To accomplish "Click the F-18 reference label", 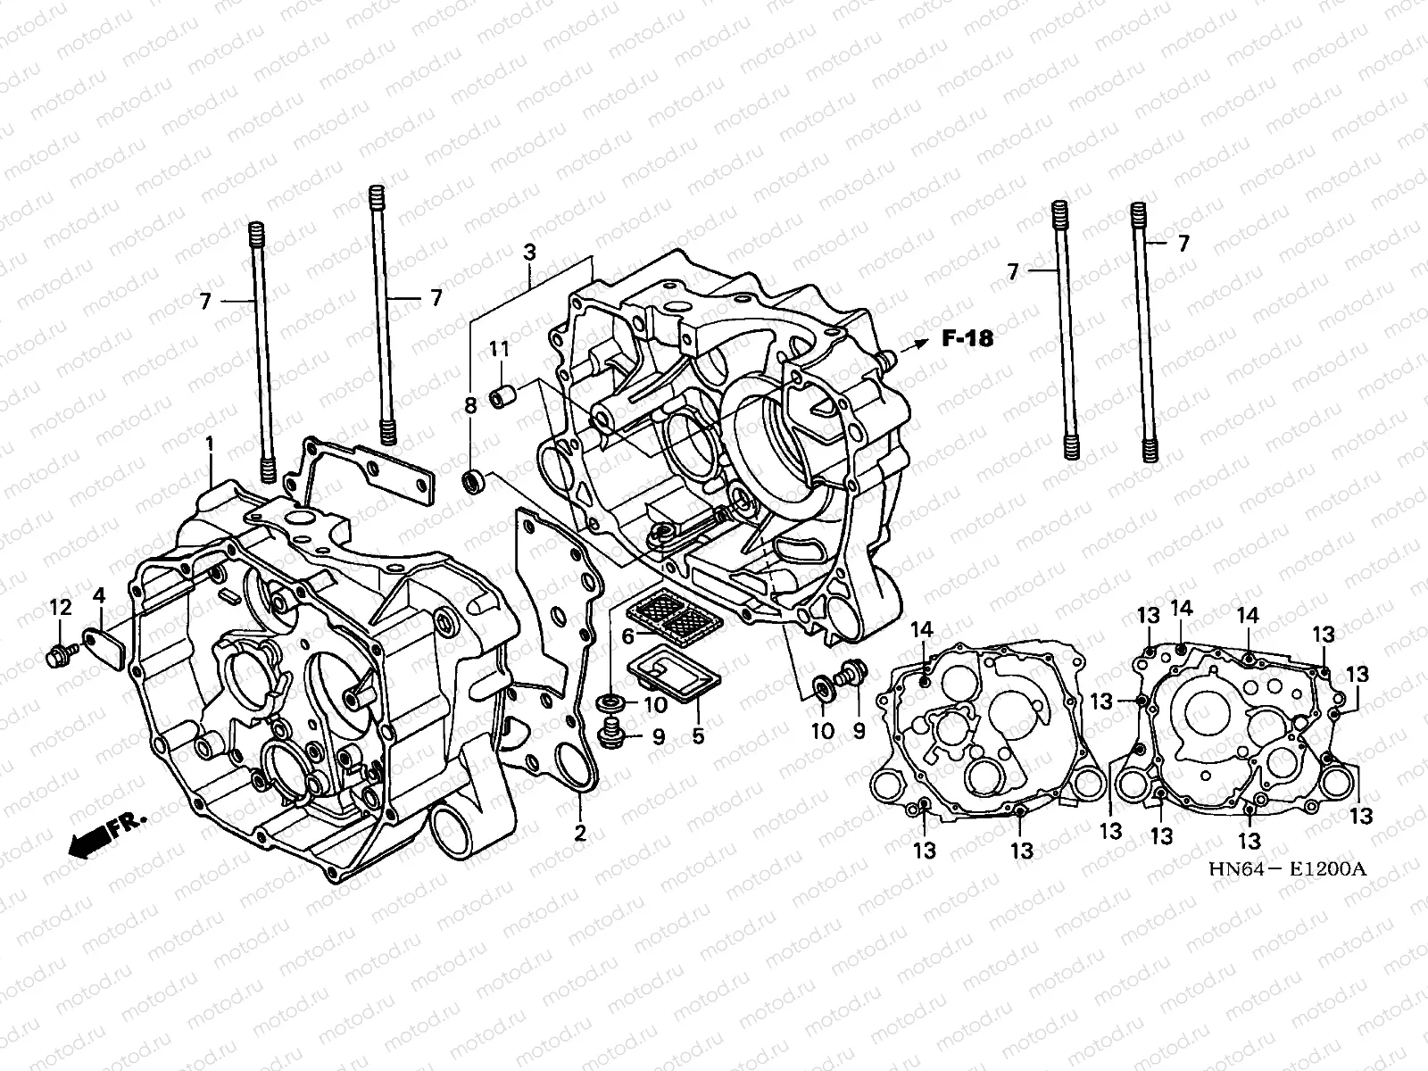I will click(967, 338).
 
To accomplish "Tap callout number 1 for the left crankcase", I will click(210, 444).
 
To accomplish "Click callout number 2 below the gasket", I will click(580, 834).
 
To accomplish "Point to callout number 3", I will click(529, 253).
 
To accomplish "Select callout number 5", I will click(698, 735).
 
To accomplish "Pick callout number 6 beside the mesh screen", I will click(628, 636).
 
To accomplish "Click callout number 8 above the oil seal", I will click(470, 407).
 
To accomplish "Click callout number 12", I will click(60, 608).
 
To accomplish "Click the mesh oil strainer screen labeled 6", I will click(668, 616).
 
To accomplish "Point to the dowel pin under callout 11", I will click(502, 394).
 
